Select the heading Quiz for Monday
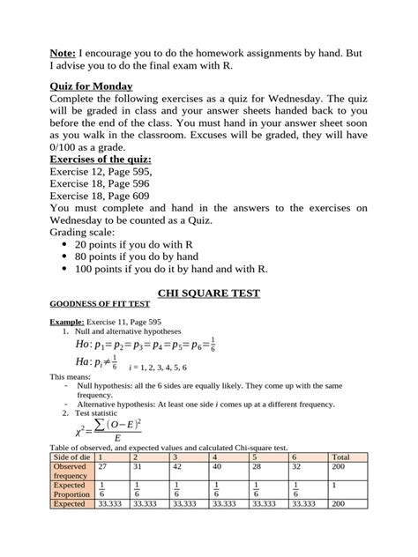point(91,85)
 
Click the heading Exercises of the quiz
point(101,159)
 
